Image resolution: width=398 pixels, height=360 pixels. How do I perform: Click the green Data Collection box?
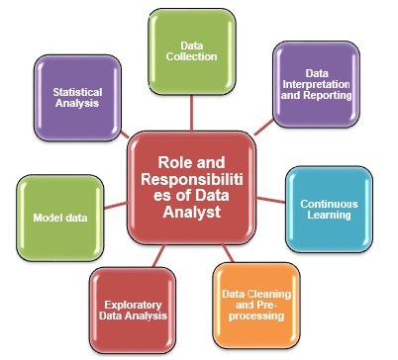(192, 50)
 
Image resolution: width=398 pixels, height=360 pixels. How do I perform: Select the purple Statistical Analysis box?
(78, 95)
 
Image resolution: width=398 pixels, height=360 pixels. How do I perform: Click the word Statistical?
(78, 89)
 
